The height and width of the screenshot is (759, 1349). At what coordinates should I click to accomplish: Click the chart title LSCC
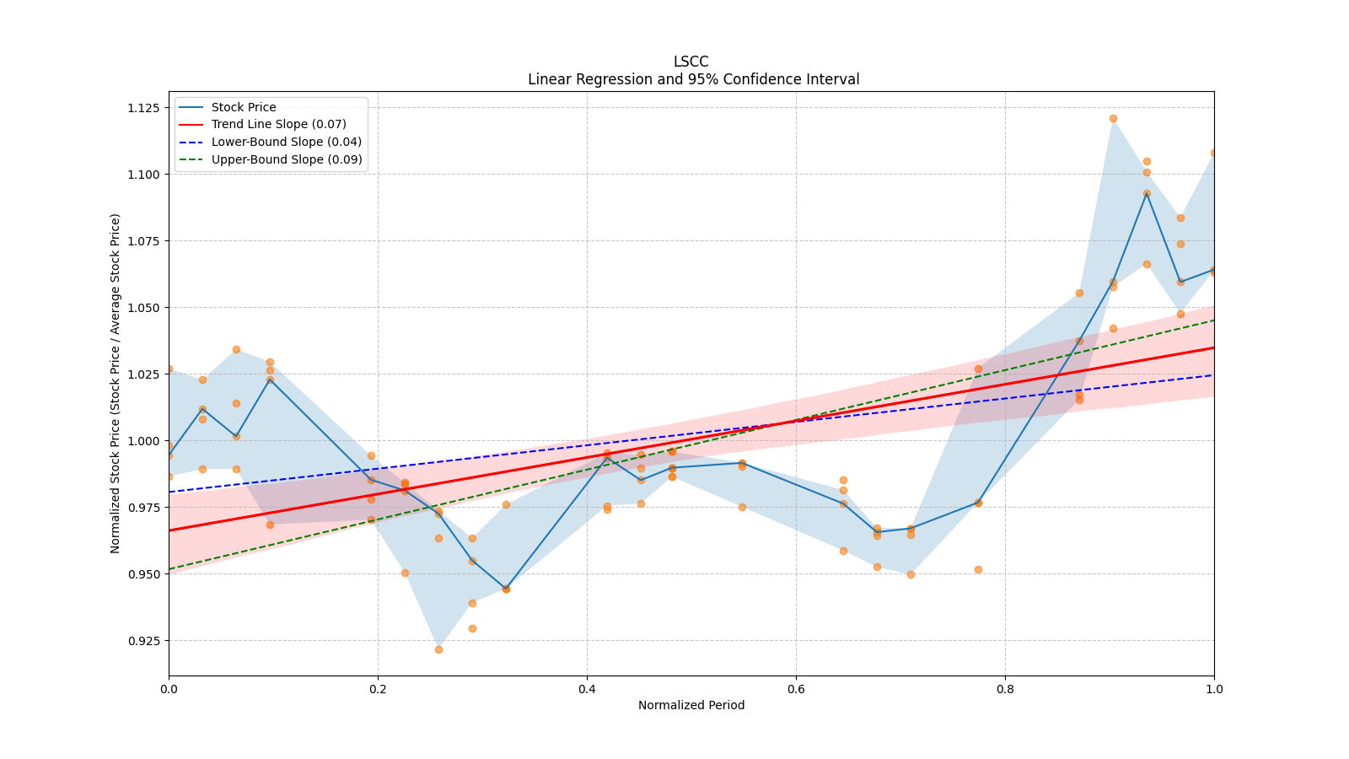click(x=691, y=62)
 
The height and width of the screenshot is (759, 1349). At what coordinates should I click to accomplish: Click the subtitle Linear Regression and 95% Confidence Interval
click(x=693, y=79)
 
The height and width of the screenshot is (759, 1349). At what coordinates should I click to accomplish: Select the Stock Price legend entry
click(x=244, y=107)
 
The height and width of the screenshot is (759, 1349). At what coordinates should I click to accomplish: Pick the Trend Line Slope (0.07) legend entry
click(x=278, y=125)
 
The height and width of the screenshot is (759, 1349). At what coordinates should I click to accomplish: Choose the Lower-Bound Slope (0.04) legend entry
click(x=286, y=142)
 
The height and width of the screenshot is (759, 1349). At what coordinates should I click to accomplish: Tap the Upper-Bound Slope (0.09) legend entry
click(x=287, y=159)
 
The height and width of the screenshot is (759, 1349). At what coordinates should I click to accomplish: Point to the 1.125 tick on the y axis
click(x=142, y=108)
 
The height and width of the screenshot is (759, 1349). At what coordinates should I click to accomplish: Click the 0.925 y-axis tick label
click(x=142, y=641)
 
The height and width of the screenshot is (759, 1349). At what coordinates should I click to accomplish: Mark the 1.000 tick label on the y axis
click(x=142, y=441)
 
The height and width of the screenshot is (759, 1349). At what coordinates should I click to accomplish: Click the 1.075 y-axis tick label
click(x=142, y=241)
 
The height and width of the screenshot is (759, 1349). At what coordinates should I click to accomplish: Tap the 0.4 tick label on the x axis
click(x=587, y=689)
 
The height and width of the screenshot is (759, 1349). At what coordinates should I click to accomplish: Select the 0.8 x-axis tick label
click(x=1005, y=689)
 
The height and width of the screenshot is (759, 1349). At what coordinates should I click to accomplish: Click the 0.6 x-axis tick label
click(x=796, y=689)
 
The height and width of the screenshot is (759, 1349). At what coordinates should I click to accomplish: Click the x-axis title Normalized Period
click(x=691, y=705)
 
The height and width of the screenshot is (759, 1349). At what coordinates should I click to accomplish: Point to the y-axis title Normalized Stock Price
click(x=116, y=383)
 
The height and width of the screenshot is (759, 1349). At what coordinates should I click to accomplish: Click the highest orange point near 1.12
click(x=1113, y=119)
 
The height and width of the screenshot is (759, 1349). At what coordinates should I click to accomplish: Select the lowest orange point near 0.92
click(x=438, y=649)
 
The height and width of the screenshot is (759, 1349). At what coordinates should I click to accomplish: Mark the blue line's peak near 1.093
click(x=1147, y=193)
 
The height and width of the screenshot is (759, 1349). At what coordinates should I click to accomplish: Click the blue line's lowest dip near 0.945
click(x=506, y=589)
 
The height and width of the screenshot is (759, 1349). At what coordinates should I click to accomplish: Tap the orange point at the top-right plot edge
click(x=1213, y=153)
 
